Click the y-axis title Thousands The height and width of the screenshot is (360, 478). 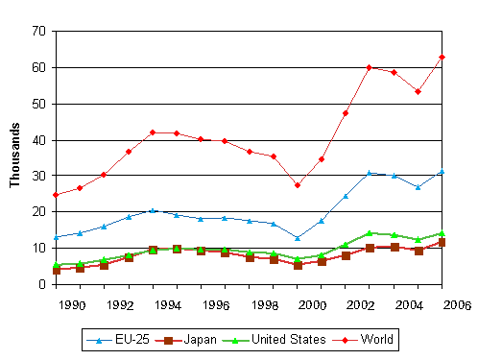coord(15,157)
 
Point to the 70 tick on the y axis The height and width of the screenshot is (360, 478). coord(39,32)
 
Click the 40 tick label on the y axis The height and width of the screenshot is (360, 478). coord(39,140)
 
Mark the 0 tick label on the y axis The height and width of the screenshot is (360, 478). coord(43,284)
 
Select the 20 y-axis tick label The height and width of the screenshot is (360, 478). coord(39,212)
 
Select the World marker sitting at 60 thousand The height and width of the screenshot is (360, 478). coord(369,68)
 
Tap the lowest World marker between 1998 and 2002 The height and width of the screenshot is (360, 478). coord(298,185)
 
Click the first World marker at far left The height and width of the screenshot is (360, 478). coord(56,195)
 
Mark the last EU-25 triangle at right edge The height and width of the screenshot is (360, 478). coord(442,172)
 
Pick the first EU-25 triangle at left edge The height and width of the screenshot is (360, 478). coord(56,236)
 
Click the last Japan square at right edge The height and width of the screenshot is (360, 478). coord(442,243)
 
